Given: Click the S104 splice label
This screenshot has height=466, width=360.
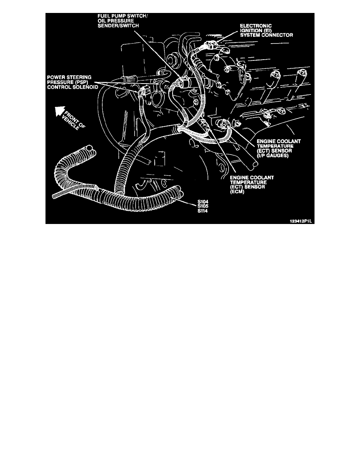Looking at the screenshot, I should (203, 202).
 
